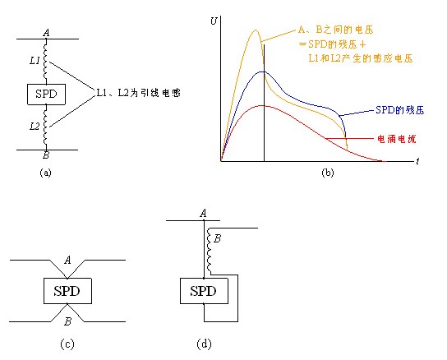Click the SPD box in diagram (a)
46,95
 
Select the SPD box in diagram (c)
67,291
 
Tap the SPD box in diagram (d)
204,291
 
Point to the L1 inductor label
35,61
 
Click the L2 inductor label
35,126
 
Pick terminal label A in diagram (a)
46,33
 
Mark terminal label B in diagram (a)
46,155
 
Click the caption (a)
46,173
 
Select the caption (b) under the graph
328,173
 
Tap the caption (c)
67,344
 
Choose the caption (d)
204,344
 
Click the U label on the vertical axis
214,21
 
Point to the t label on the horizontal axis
417,162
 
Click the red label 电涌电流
397,139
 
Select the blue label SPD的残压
399,110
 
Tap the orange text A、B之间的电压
335,30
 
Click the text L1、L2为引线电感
139,93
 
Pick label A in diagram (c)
67,261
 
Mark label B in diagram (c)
67,321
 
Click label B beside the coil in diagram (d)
217,238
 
